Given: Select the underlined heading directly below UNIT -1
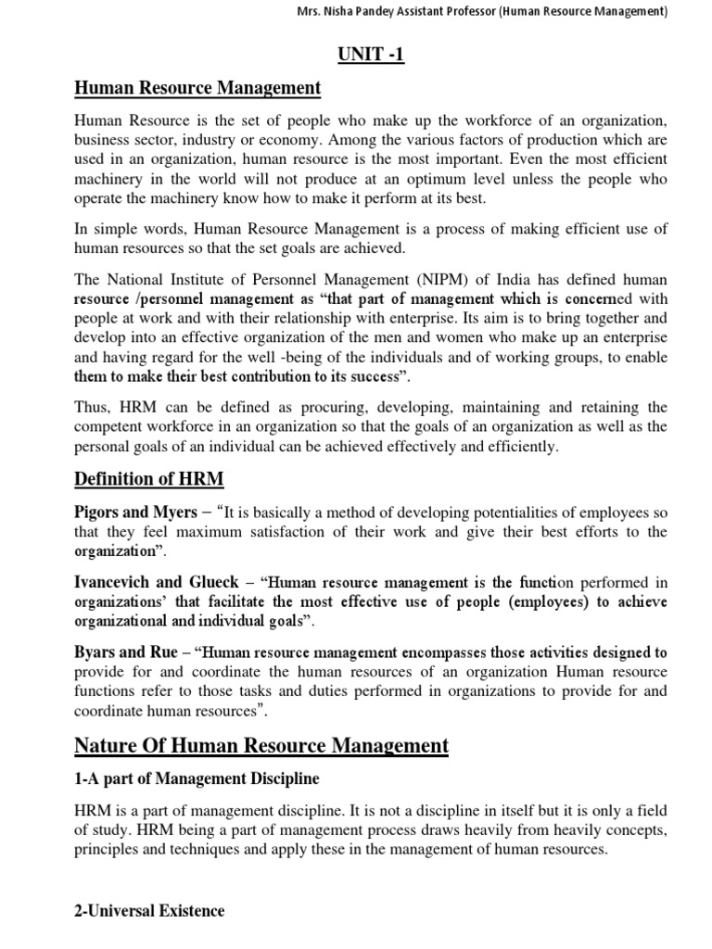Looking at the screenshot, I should click(x=197, y=88).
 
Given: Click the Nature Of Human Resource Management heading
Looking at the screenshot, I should click(x=261, y=745).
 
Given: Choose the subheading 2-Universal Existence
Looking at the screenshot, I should click(x=149, y=911).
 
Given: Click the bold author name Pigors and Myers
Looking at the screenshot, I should click(x=135, y=512).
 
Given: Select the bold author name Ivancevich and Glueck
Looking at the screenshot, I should click(x=160, y=583).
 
